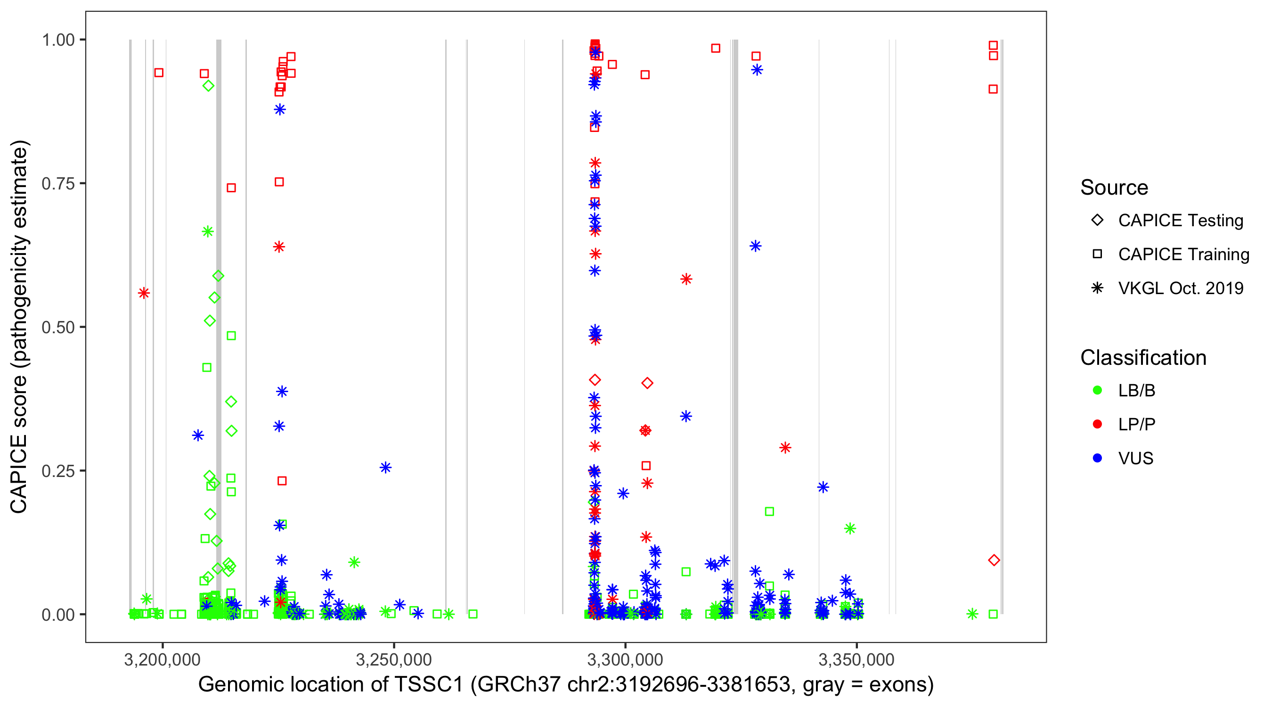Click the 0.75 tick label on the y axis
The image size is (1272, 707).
pos(57,184)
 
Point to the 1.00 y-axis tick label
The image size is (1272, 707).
pos(57,40)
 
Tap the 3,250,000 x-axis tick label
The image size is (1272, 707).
pos(393,659)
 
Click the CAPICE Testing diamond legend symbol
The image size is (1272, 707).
pos(1097,221)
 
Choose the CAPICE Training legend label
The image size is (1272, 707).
pos(1183,255)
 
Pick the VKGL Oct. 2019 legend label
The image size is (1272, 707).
pos(1180,288)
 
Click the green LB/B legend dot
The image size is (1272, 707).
pos(1097,390)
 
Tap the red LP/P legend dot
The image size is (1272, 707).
pos(1097,424)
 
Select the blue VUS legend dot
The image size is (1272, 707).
pos(1097,459)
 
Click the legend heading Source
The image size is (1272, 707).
pos(1114,188)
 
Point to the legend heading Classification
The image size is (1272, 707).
pos(1143,358)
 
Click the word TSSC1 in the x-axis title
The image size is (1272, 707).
pos(428,685)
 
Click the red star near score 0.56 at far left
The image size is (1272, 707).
pos(144,294)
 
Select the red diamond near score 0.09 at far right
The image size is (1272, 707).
pos(994,560)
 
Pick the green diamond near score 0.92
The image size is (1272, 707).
pos(208,86)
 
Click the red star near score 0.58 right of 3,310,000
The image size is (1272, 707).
pos(686,279)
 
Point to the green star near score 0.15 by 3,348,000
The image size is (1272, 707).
pos(850,529)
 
